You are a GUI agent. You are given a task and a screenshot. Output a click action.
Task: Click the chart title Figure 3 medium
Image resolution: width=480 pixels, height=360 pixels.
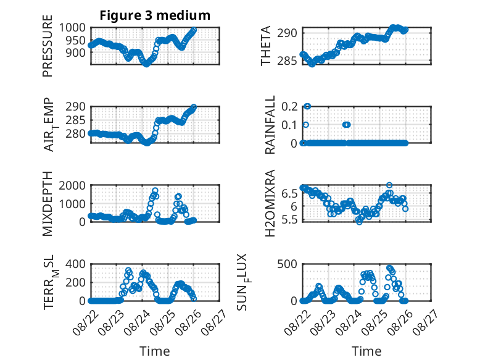(x=155, y=15)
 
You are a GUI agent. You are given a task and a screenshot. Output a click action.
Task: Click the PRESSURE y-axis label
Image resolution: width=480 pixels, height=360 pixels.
(x=48, y=46)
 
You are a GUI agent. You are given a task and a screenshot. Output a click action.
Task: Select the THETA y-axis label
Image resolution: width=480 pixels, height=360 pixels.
(x=266, y=46)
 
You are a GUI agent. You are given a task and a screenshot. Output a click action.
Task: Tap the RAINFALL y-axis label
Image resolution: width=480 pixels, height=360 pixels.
(x=270, y=125)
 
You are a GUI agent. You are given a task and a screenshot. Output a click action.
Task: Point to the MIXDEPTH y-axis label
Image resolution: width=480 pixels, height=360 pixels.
(x=48, y=204)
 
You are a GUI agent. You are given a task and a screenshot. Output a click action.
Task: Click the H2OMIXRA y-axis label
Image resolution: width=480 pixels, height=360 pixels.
(x=270, y=203)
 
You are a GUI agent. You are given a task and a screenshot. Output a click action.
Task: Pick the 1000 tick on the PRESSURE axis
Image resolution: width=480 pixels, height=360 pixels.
(x=72, y=28)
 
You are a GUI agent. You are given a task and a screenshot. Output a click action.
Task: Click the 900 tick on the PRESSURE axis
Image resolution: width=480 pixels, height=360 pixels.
(x=76, y=52)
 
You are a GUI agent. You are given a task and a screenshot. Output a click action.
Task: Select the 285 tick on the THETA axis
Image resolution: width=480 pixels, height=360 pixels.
(x=287, y=61)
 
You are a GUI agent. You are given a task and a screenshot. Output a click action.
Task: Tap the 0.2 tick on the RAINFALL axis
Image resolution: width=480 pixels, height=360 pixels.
(x=289, y=107)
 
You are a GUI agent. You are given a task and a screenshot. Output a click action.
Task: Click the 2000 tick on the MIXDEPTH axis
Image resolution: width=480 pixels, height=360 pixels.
(x=72, y=185)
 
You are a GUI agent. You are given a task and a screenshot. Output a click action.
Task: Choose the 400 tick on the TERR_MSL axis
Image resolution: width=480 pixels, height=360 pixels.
(x=76, y=264)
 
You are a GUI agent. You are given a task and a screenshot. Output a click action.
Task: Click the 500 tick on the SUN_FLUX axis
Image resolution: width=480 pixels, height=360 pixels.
(x=287, y=264)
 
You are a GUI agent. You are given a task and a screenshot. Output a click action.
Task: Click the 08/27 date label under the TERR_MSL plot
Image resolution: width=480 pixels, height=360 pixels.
(x=214, y=322)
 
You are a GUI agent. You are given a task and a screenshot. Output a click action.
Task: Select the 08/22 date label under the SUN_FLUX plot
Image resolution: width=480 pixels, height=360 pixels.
(x=297, y=322)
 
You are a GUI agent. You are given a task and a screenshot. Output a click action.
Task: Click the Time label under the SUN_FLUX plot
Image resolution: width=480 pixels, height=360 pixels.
(x=366, y=351)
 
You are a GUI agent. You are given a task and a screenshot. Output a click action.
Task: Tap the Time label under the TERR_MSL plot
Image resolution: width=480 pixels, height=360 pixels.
(x=155, y=351)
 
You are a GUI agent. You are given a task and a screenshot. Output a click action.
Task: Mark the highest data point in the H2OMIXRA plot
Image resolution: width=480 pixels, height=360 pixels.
(x=389, y=185)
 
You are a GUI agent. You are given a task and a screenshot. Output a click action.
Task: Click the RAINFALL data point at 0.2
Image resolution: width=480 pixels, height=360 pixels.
(x=307, y=106)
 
